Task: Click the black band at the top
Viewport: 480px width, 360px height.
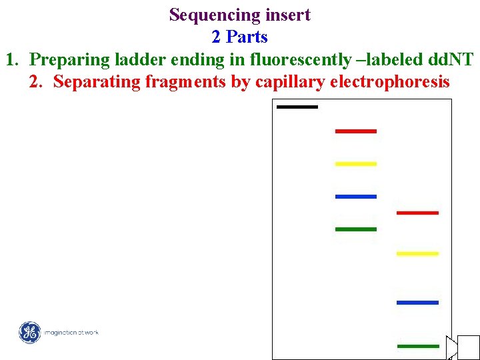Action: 297,107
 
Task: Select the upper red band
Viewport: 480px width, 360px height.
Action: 355,131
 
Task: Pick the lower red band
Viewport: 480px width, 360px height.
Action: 417,213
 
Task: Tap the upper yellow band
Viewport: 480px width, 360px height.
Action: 355,163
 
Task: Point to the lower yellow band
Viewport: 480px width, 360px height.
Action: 417,253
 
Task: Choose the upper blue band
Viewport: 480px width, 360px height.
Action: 355,197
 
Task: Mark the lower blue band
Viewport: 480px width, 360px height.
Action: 417,303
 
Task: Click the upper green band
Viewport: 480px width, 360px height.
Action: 355,229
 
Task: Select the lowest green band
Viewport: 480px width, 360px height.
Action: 417,346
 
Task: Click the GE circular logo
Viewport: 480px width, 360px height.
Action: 29,332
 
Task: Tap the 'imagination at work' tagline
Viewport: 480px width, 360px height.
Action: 71,332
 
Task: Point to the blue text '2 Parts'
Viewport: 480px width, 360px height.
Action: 239,37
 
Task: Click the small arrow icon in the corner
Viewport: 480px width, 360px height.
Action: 453,347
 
